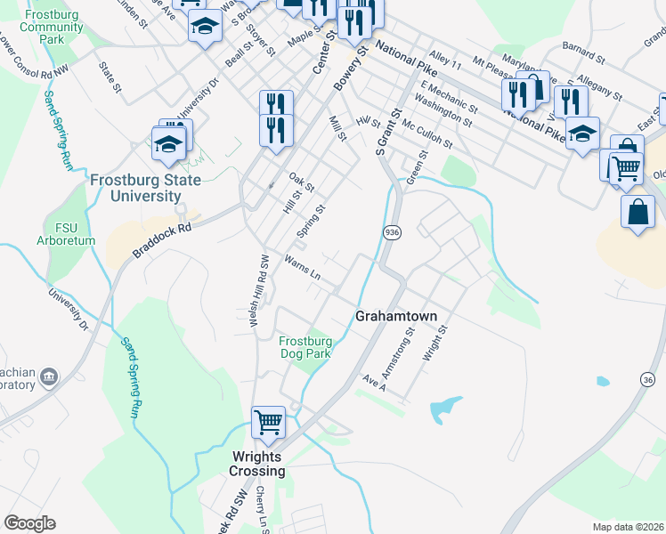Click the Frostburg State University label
(x=146, y=188)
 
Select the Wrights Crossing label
(x=258, y=464)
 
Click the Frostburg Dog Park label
(x=305, y=347)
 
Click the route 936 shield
(x=391, y=232)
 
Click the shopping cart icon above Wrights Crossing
(x=268, y=422)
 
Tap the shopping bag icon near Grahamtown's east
(x=638, y=212)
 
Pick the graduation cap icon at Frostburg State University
(x=168, y=144)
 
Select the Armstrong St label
(x=410, y=348)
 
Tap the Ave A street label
(x=374, y=382)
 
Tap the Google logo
(x=29, y=523)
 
